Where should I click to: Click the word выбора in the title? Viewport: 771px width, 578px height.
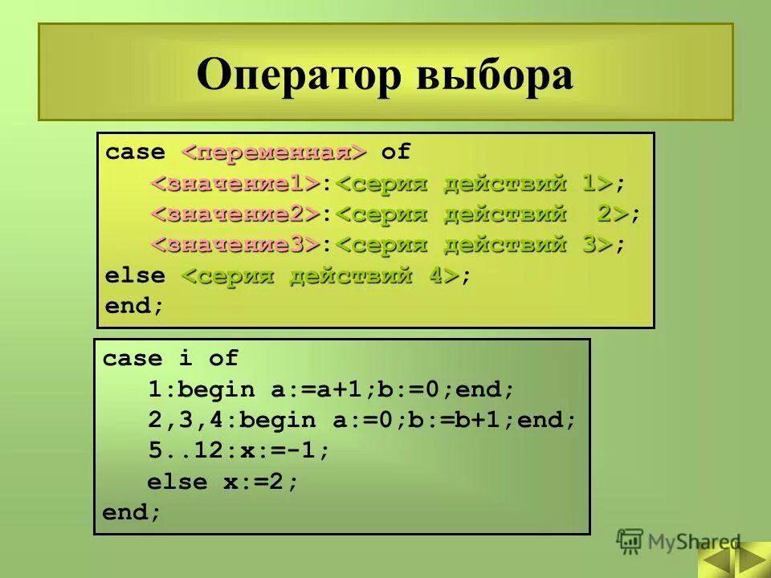tap(495, 76)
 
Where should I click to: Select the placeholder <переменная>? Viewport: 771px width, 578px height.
tap(274, 153)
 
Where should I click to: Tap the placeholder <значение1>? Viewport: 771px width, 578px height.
tap(237, 184)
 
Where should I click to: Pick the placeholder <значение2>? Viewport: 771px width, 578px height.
tap(237, 214)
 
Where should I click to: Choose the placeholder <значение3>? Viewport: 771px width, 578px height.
tap(237, 245)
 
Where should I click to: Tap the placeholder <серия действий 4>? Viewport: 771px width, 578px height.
tap(320, 275)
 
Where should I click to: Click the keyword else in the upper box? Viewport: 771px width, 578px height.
tap(135, 275)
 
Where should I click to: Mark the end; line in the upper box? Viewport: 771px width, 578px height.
tap(134, 306)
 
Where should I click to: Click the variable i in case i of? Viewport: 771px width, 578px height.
tap(178, 359)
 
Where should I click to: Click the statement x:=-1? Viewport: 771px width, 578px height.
tap(278, 451)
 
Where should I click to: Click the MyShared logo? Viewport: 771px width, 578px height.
tap(679, 541)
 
